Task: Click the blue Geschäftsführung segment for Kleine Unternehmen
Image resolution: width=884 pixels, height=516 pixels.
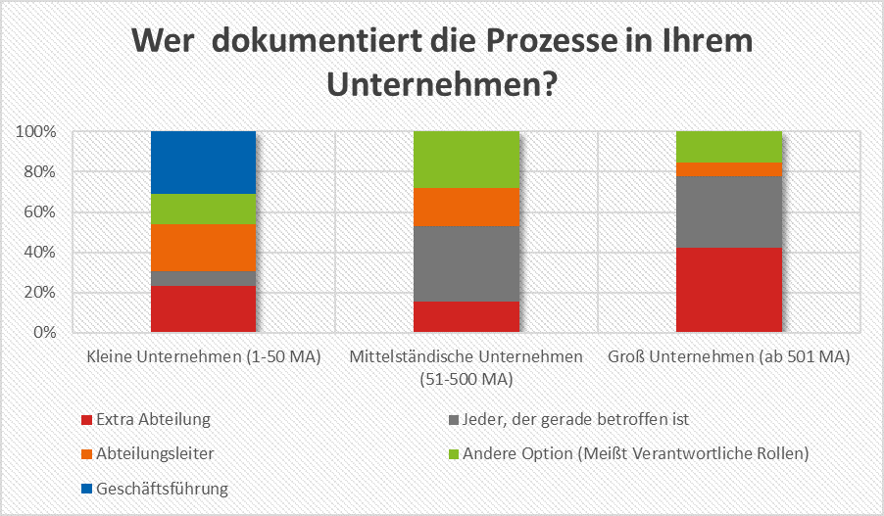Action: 203,163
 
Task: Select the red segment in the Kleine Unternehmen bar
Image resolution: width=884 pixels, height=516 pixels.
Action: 203,309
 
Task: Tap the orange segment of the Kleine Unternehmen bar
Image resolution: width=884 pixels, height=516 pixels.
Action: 203,248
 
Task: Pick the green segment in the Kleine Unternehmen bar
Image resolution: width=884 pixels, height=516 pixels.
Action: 203,209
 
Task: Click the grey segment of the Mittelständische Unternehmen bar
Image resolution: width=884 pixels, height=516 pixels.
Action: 467,263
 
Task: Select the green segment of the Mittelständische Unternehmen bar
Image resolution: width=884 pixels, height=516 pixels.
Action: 467,159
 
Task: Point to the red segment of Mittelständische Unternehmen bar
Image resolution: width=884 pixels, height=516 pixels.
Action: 467,316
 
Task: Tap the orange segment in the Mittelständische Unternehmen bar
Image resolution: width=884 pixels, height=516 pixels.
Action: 467,207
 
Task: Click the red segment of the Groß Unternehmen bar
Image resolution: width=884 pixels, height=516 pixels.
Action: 729,290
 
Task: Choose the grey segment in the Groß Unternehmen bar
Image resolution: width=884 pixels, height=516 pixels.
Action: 729,211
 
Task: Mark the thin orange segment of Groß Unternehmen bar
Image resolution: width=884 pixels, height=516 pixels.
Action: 729,168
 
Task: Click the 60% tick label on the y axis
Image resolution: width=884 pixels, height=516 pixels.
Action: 41,212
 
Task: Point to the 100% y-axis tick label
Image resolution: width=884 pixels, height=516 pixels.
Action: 38,132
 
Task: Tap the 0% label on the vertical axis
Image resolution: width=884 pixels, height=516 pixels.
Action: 46,333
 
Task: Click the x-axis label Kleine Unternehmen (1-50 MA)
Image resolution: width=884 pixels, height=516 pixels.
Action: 203,355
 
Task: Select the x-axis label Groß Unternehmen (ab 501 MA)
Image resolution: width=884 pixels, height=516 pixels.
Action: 729,355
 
